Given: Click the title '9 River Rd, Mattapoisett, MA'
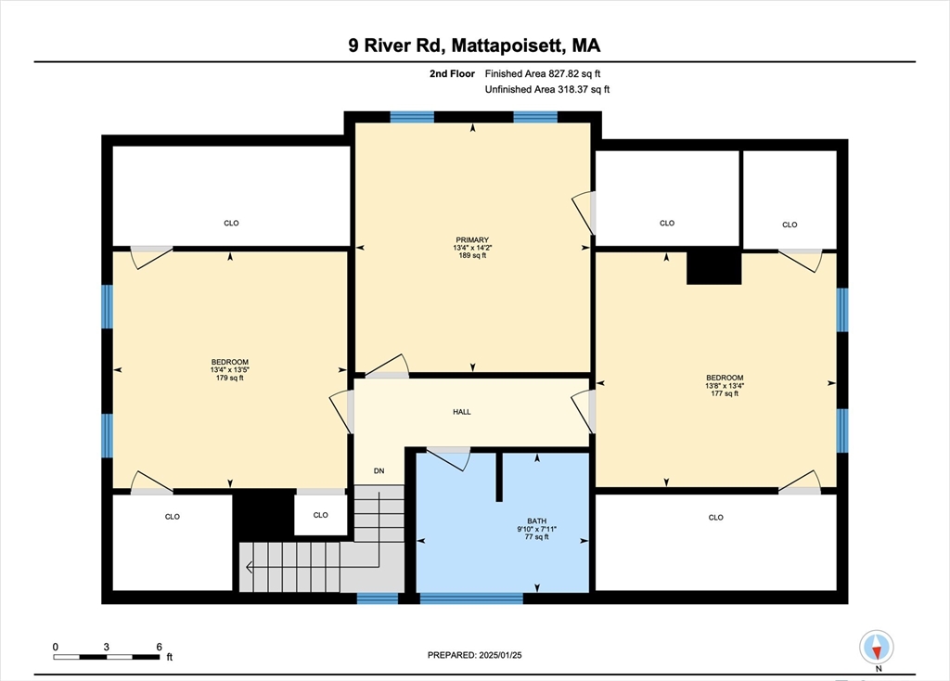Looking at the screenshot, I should click(474, 45).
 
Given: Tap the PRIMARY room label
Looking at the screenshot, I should click(473, 239).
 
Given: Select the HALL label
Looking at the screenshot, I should click(461, 412).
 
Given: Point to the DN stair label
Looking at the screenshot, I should click(379, 471).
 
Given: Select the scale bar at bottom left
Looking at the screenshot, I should click(107, 657).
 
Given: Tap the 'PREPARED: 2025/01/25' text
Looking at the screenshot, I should click(474, 655).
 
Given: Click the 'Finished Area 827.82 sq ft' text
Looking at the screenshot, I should click(547, 73).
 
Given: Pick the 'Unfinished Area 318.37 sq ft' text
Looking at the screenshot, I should click(547, 90).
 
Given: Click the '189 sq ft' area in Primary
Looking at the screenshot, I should click(473, 255).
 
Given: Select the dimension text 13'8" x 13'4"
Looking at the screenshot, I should click(725, 386).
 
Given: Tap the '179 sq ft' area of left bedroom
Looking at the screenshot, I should click(229, 378).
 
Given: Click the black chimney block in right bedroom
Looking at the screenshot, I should click(713, 267).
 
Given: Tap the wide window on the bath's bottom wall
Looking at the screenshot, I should click(471, 598).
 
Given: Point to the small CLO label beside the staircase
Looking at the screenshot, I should click(320, 515).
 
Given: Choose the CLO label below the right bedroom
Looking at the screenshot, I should click(715, 518).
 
